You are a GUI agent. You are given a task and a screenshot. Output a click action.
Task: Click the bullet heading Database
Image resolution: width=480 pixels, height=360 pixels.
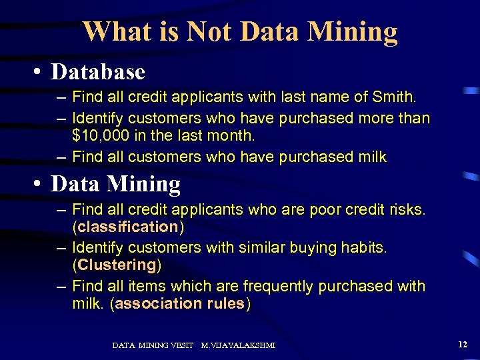click(98, 71)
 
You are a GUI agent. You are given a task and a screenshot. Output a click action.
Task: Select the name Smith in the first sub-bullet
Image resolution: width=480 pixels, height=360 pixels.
click(394, 98)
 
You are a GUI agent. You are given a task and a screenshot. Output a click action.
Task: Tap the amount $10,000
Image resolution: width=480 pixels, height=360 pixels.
click(101, 136)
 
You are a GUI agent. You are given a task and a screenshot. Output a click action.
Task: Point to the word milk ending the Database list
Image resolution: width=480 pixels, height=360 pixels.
click(371, 157)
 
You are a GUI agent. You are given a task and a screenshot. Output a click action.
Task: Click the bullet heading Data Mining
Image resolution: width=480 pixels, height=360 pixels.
click(116, 183)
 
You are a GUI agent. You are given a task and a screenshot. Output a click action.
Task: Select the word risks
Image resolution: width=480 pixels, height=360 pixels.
click(404, 211)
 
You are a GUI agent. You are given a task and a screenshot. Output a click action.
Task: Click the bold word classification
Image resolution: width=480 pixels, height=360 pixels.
click(128, 228)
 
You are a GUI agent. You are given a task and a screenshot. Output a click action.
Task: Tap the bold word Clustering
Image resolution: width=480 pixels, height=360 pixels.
click(117, 265)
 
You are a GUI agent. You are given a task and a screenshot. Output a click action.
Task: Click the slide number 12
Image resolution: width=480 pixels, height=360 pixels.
click(463, 344)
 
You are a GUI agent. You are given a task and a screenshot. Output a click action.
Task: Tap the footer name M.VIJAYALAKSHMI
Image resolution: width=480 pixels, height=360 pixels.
click(238, 345)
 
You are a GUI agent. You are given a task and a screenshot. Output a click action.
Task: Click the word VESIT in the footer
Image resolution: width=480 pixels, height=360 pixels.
click(182, 345)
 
